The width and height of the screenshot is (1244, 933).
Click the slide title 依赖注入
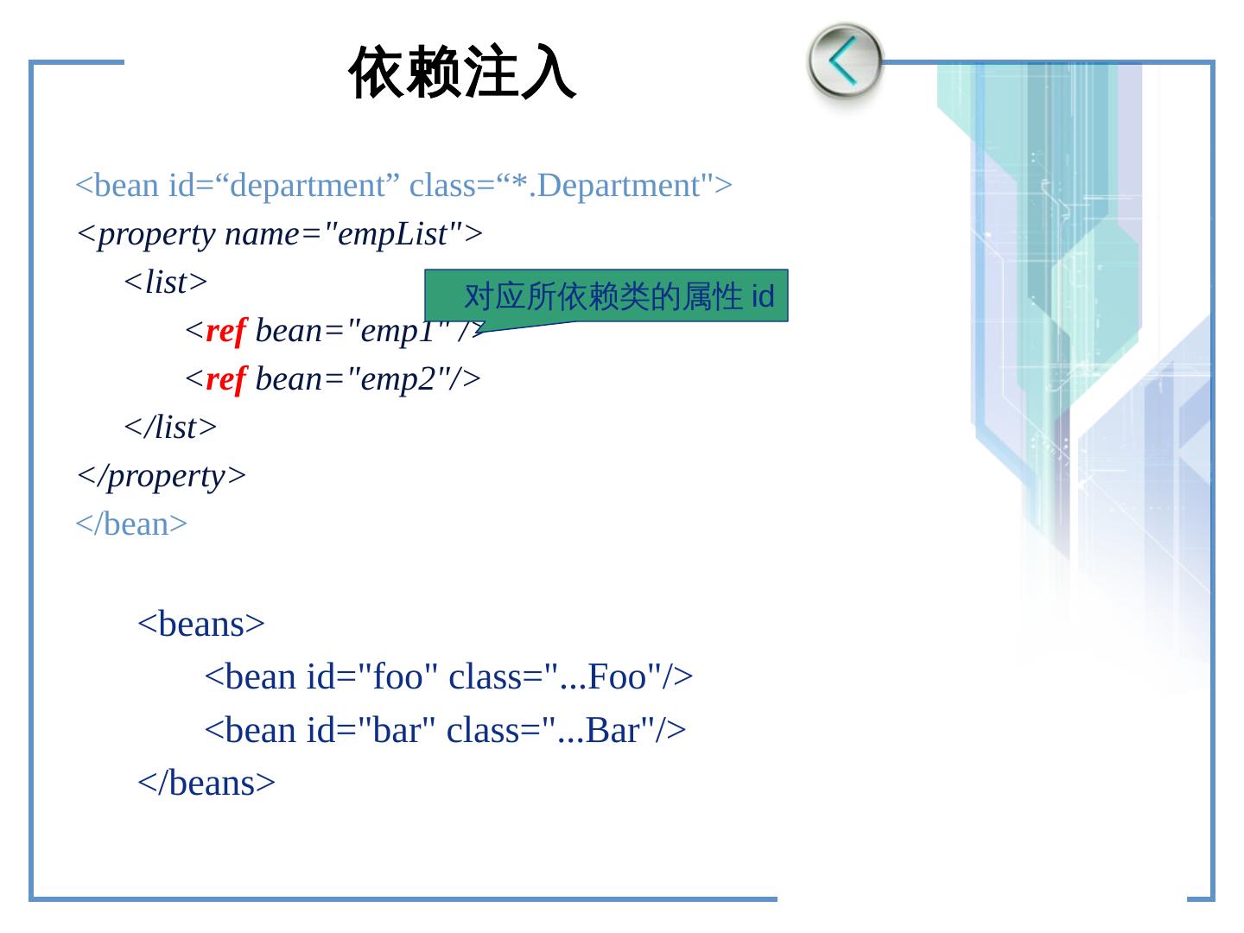coord(462,73)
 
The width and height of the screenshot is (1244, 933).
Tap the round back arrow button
coord(844,61)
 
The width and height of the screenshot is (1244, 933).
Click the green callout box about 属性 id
coord(606,296)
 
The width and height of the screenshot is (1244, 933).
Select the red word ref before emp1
coord(226,331)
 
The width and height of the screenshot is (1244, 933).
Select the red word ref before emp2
coord(226,379)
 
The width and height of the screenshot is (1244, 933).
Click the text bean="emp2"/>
coord(368,379)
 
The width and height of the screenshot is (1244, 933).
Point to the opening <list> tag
coord(166,282)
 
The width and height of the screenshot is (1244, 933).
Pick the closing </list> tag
coord(170,428)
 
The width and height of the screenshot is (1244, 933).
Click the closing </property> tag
coord(162,476)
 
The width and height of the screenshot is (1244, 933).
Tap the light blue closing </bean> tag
coord(131,524)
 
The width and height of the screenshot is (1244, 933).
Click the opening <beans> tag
coord(201,624)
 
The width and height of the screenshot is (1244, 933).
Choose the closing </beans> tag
coord(206,783)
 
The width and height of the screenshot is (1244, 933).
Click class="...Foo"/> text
coord(571,676)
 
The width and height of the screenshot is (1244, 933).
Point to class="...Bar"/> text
coord(566,731)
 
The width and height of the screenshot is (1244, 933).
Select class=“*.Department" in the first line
coord(570,186)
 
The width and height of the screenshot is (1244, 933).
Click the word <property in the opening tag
coord(146,234)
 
